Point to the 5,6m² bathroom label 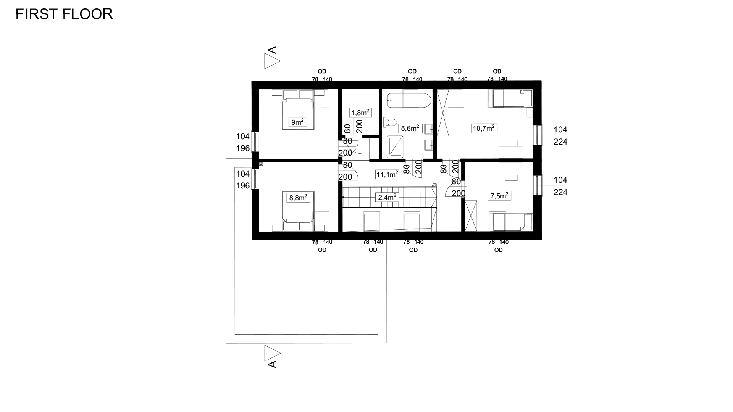(x=410, y=128)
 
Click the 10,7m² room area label (x=484, y=128)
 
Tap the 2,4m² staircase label (x=387, y=197)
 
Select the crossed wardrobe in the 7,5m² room (x=471, y=216)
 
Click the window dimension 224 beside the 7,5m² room (x=560, y=192)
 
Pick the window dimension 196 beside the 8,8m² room (x=243, y=186)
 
